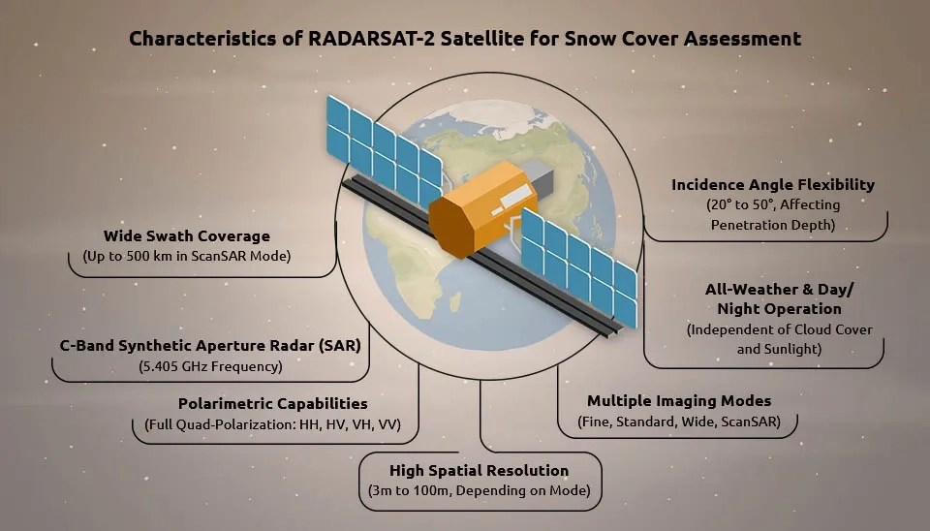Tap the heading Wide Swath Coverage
[187, 236]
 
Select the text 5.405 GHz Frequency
[210, 366]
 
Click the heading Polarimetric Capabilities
[273, 403]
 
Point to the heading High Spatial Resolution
[480, 471]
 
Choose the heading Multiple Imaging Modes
[679, 401]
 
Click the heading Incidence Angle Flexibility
[773, 185]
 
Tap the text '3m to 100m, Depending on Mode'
[480, 490]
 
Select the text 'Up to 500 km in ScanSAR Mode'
[187, 257]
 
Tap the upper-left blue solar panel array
[384, 151]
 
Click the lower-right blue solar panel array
[579, 268]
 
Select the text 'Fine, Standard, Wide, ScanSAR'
[679, 422]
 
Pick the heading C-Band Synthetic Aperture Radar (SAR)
[210, 346]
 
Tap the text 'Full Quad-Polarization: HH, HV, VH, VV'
[273, 424]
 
